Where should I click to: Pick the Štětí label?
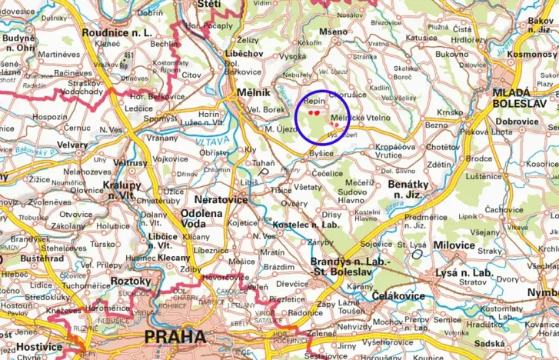(210, 4)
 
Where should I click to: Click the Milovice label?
(455, 245)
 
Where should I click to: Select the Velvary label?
(72, 145)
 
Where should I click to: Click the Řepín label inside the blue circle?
(315, 101)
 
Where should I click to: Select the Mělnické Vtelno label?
(361, 118)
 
